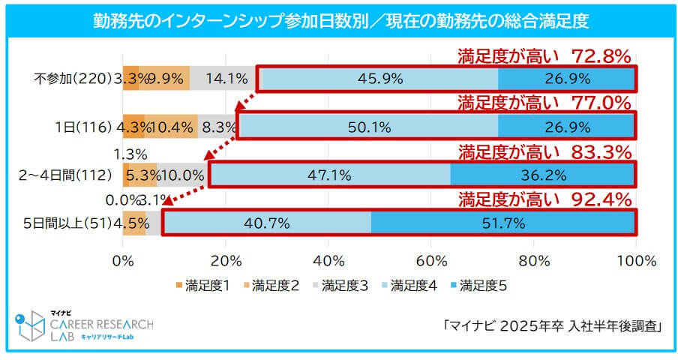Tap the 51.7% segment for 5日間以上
click(502, 223)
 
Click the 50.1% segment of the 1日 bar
click(369, 126)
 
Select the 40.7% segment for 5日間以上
click(267, 223)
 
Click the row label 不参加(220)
click(72, 78)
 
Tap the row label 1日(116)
click(83, 127)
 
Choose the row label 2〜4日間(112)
click(64, 175)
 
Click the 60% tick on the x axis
click(430, 260)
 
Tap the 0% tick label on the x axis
click(123, 260)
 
